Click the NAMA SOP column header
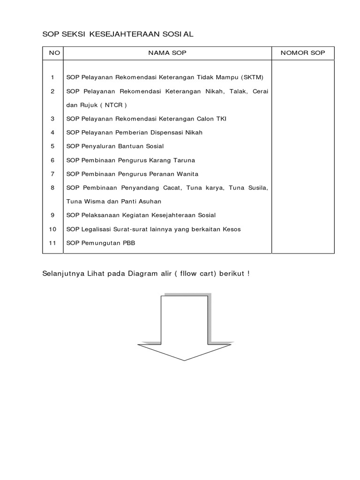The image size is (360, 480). (x=167, y=53)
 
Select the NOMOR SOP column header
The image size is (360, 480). (x=303, y=53)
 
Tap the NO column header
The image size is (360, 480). (x=54, y=53)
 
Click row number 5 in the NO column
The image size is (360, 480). (x=53, y=146)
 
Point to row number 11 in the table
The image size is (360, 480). (x=52, y=243)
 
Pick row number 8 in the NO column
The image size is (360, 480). (x=53, y=187)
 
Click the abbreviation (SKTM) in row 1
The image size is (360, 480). (x=253, y=77)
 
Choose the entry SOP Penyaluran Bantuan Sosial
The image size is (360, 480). (x=115, y=146)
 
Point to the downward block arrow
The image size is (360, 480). (x=184, y=328)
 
